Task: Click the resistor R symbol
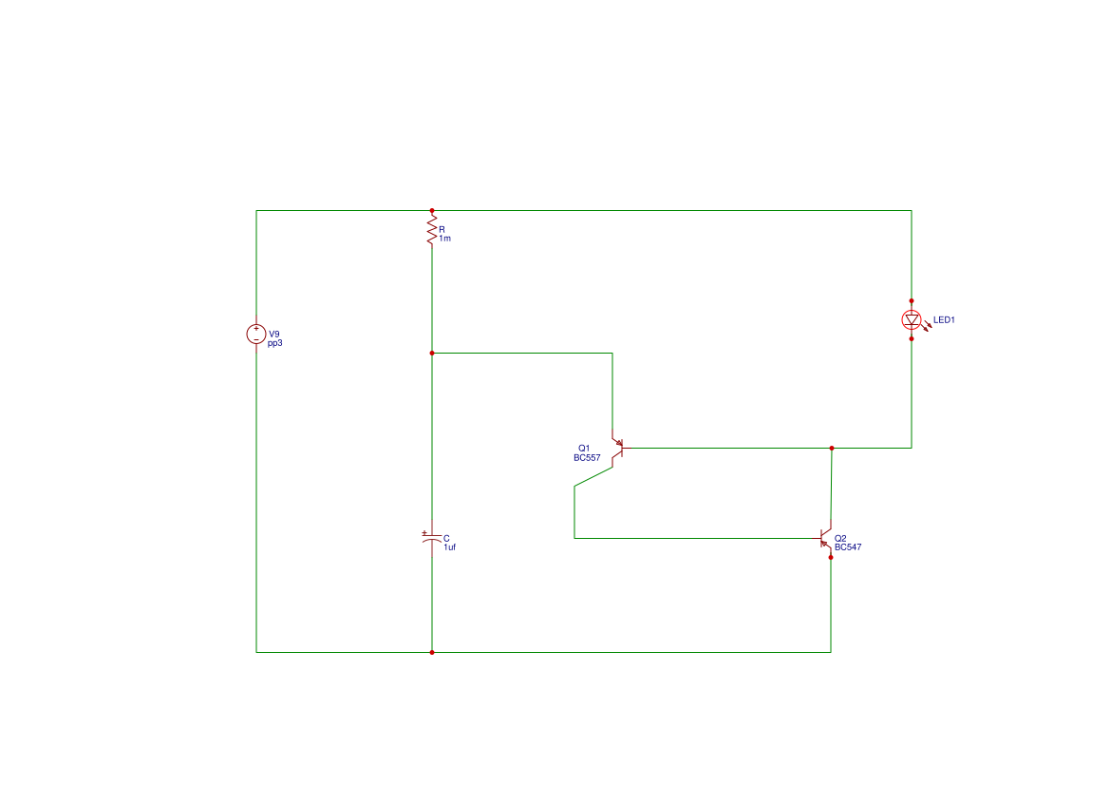point(432,230)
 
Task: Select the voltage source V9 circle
point(256,334)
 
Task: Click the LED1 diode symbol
point(912,319)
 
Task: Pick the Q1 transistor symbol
point(617,448)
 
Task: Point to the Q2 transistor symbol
point(825,538)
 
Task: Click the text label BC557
point(587,458)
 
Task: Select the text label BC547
point(848,547)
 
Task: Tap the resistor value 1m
point(444,239)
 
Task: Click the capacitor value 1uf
point(449,547)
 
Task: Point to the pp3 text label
point(274,343)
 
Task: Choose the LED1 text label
point(944,319)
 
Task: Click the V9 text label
point(274,334)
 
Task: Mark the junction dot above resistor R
point(432,210)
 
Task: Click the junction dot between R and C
point(432,353)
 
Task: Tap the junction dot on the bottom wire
point(432,652)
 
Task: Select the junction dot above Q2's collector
point(832,448)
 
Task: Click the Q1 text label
point(584,448)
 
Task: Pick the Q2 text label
point(840,539)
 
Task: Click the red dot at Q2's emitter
point(831,557)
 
